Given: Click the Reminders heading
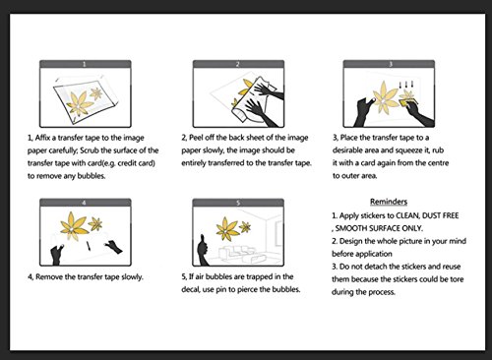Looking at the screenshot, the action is point(389,202).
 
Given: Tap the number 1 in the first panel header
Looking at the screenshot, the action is point(85,64).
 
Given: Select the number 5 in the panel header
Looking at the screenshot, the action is point(238,203).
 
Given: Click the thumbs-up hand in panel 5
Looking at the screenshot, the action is point(203,250).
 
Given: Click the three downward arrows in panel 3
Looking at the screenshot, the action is point(406,85).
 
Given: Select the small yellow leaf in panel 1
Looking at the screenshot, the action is point(96,93).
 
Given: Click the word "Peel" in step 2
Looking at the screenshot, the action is point(196,138).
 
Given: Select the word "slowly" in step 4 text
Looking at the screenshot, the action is point(132,276).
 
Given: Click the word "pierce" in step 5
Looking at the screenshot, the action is point(249,289).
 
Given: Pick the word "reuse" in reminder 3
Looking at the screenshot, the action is point(452,267).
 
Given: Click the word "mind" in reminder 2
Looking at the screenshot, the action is point(458,241).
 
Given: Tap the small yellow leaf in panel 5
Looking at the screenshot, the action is point(245,226).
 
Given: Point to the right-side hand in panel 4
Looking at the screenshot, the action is point(113,246).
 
